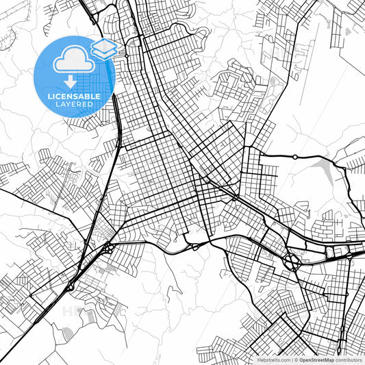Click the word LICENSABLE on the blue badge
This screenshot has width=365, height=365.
click(73, 97)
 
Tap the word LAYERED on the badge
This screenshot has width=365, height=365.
click(73, 105)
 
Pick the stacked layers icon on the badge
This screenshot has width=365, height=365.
click(104, 48)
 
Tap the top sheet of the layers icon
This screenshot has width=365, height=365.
click(104, 44)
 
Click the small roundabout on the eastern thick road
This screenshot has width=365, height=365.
click(294, 157)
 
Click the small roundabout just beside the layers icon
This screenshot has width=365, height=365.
click(127, 49)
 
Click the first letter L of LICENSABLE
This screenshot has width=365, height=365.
click(49, 97)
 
